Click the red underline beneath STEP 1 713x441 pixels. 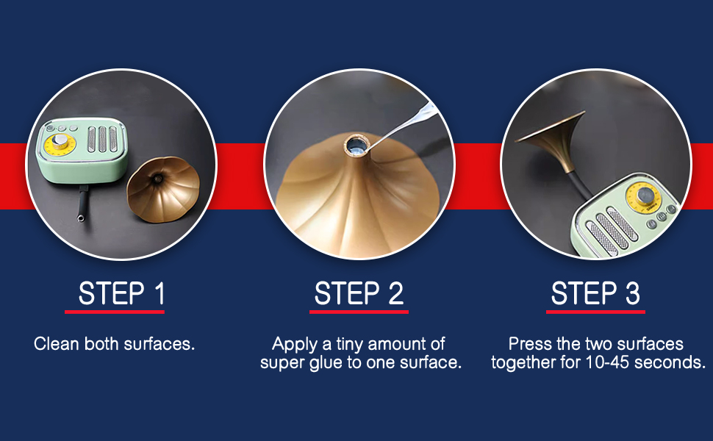click(115, 312)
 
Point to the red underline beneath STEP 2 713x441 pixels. click(359, 312)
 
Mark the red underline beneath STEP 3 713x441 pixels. click(595, 312)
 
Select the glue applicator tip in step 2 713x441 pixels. click(382, 143)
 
